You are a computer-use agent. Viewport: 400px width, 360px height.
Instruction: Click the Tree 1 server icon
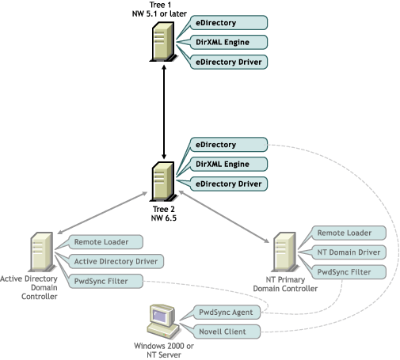(163, 42)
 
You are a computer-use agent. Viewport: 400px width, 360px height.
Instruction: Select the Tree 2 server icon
(163, 181)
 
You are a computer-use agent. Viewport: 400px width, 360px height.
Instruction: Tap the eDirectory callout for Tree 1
(229, 23)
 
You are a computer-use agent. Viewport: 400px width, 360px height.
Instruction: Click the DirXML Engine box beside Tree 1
(229, 42)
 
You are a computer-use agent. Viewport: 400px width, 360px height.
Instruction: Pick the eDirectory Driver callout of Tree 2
(229, 184)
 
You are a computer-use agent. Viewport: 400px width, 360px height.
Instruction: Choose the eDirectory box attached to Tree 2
(229, 145)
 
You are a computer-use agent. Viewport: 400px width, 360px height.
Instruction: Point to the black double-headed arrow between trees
(164, 112)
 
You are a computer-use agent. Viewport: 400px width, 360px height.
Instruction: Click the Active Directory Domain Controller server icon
(42, 252)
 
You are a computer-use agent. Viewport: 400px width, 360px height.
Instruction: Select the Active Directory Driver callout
(116, 261)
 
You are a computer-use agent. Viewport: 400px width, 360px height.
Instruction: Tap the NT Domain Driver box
(349, 252)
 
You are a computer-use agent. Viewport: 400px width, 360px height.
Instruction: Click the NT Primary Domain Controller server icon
(284, 252)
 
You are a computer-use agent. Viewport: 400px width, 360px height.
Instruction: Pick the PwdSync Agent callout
(227, 313)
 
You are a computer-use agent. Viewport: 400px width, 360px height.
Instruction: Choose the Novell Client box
(227, 332)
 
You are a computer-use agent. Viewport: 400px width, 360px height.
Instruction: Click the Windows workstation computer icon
(163, 322)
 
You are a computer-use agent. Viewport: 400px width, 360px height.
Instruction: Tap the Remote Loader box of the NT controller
(349, 233)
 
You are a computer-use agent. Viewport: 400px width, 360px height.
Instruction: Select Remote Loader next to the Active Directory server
(105, 242)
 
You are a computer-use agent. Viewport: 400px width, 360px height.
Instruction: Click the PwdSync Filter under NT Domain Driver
(349, 272)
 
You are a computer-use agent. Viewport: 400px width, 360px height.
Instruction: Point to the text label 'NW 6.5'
(164, 218)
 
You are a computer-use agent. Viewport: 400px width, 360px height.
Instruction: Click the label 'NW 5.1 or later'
(159, 13)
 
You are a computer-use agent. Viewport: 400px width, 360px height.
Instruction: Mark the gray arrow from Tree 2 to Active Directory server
(102, 213)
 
